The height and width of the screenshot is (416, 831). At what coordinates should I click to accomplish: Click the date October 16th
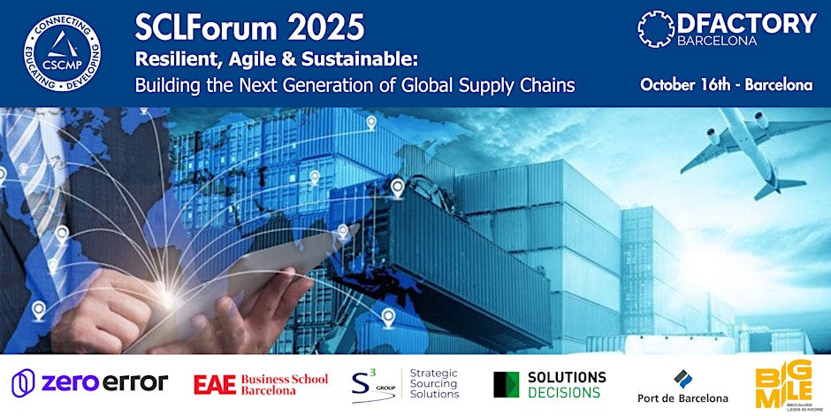[x=686, y=86]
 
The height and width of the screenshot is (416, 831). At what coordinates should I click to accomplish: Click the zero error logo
[x=89, y=382]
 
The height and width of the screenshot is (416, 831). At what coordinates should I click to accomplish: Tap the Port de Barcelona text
[x=682, y=397]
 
